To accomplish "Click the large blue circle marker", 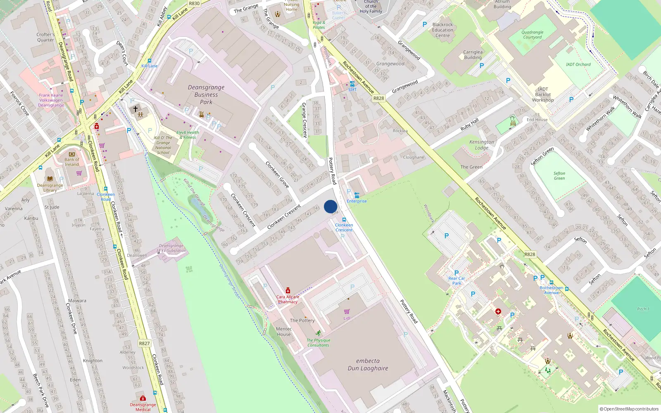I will (x=330, y=206).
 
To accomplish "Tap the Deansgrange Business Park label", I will (x=206, y=95).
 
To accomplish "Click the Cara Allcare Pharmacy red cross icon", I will (x=288, y=291).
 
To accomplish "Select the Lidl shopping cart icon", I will (x=347, y=311).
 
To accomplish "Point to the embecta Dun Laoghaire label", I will (x=368, y=365).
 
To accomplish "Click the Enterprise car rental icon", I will (x=357, y=195).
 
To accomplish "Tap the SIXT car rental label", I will (x=352, y=90).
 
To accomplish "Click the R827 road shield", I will (x=144, y=343).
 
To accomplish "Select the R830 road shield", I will (x=194, y=3).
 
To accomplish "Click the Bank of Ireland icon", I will (x=72, y=154).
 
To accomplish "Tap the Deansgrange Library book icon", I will (x=50, y=179).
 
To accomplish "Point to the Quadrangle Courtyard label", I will (x=532, y=35).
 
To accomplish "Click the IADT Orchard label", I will (x=578, y=64).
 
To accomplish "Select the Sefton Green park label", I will (x=559, y=176).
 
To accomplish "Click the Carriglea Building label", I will (x=473, y=55).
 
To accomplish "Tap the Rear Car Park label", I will (x=457, y=281).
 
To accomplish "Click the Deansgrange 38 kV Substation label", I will (x=171, y=248).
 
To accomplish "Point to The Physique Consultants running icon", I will (x=318, y=333).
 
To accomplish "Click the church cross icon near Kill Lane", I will (x=135, y=109).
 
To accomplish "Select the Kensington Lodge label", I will (x=481, y=145).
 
